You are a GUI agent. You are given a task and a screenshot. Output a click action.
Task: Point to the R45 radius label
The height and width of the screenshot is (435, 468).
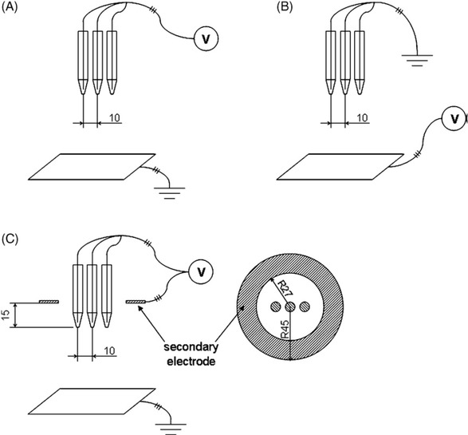point(286,332)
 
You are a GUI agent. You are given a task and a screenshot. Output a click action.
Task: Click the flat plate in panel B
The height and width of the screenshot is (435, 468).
point(333,168)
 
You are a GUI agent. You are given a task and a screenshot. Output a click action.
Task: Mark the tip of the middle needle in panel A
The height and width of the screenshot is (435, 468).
point(98,95)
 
